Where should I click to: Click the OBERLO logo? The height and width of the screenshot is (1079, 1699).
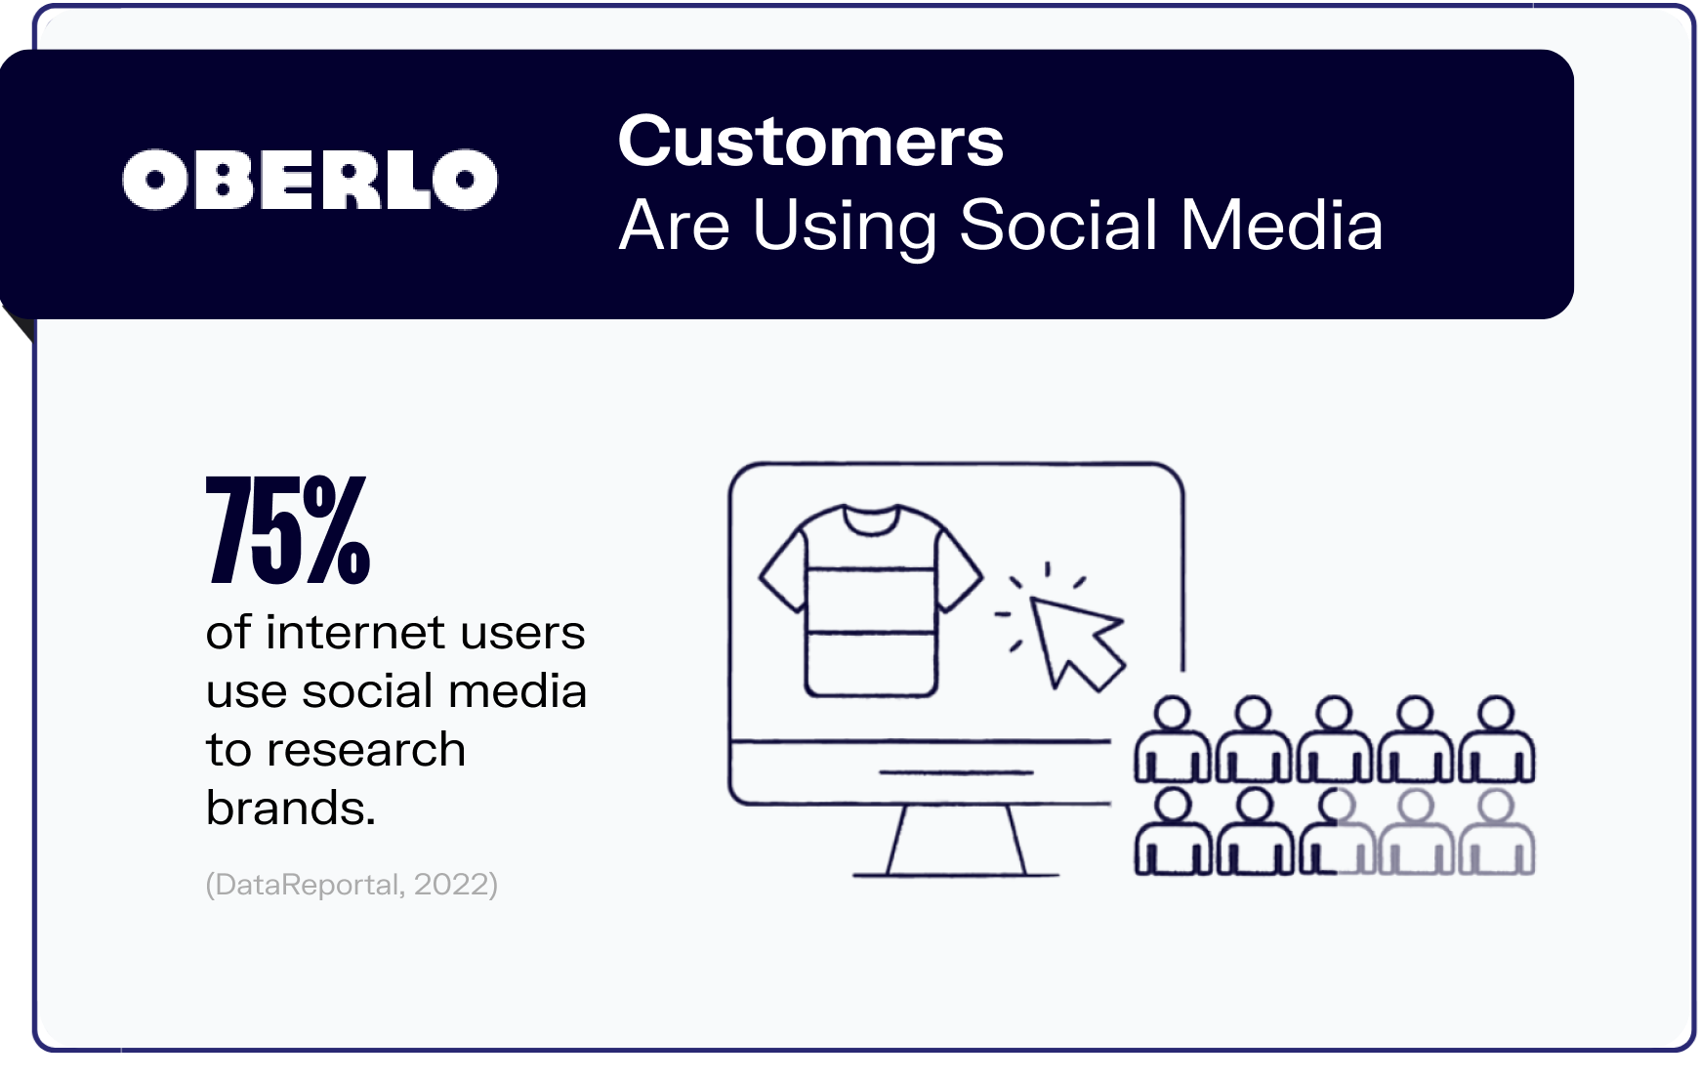tap(310, 180)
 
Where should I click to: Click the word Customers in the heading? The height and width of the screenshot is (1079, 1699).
tap(810, 142)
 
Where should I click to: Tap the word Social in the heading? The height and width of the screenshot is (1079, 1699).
tap(1058, 226)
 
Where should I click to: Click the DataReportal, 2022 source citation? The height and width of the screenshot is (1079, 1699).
tap(352, 885)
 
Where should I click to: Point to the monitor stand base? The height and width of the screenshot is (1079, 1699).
tap(956, 872)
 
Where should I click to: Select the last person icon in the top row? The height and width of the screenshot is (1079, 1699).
tap(1496, 741)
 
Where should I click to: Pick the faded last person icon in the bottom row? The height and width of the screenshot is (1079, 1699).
tap(1496, 834)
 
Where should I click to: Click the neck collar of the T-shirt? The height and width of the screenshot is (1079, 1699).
tap(870, 519)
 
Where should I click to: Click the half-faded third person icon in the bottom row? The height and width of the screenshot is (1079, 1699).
tap(1335, 834)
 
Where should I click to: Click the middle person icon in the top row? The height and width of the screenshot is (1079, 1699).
tap(1335, 741)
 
